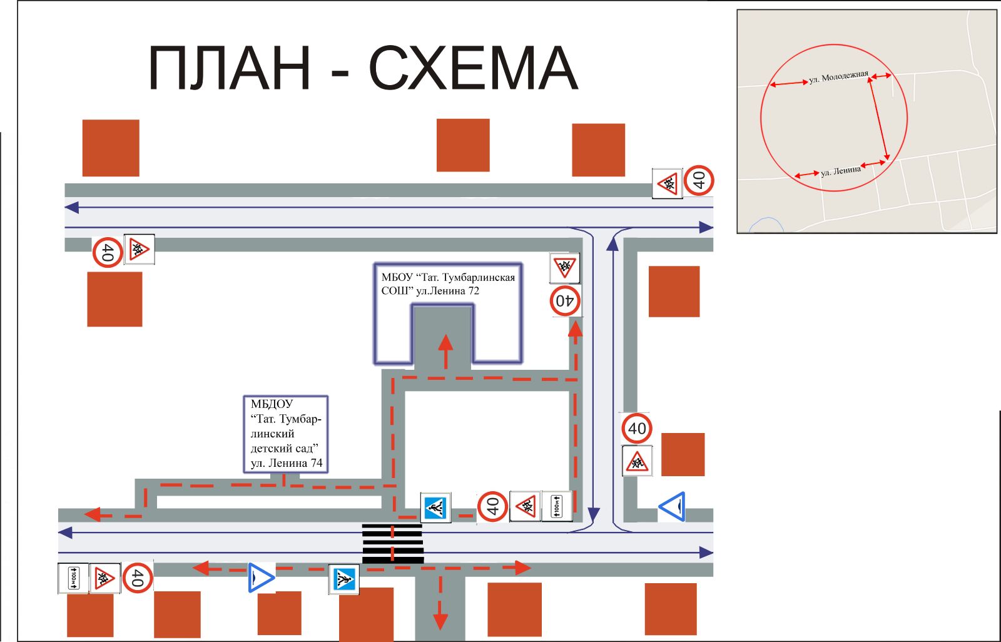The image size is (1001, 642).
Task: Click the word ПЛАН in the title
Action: click(229, 68)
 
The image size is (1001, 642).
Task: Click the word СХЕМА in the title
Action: click(473, 68)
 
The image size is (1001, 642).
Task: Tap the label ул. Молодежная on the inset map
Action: click(838, 78)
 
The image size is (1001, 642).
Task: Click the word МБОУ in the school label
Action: click(397, 277)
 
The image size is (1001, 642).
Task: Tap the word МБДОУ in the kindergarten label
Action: click(272, 404)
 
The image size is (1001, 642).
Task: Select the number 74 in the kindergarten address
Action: click(317, 463)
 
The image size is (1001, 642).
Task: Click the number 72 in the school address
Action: click(472, 290)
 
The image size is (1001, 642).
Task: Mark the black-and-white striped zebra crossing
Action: click(393, 543)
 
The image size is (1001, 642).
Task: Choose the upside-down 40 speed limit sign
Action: click(566, 301)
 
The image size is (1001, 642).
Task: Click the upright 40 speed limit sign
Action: click(637, 429)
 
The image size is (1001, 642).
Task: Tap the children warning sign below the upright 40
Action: click(637, 461)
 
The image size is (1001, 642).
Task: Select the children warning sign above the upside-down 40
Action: click(564, 268)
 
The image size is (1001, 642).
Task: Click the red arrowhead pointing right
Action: click(522, 568)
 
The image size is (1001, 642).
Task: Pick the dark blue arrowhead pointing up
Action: click(612, 243)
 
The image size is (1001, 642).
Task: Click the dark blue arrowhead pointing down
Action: click(594, 516)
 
